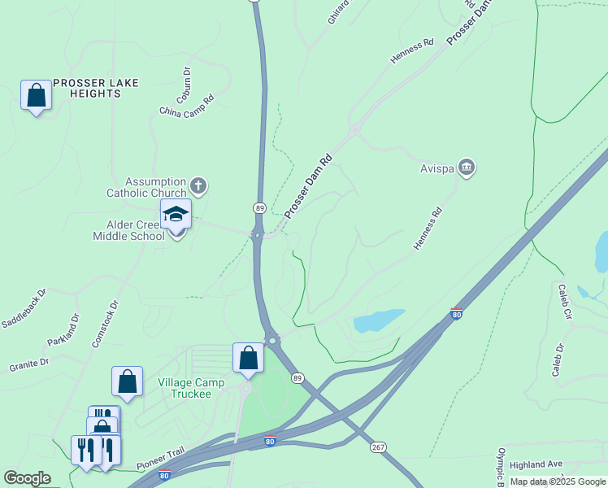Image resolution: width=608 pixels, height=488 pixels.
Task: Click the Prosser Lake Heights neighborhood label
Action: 96,88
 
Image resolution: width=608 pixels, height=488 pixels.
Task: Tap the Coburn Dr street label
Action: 187,81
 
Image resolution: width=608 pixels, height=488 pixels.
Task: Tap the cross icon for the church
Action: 198,186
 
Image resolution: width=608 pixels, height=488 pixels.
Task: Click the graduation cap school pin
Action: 176,215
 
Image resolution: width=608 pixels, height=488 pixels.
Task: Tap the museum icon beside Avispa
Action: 467,168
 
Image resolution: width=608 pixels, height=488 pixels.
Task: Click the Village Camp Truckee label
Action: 185,388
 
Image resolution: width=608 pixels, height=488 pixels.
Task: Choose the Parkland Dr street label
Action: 64,329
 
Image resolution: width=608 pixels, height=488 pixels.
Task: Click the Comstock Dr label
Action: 106,325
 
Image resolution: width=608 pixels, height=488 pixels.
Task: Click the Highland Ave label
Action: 536,464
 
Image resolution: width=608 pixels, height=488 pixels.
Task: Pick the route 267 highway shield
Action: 379,447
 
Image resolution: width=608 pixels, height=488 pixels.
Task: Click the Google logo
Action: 27,478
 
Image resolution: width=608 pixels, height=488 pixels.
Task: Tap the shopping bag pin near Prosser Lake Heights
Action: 36,96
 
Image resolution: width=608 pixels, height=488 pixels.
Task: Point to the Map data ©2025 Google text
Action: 558,481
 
